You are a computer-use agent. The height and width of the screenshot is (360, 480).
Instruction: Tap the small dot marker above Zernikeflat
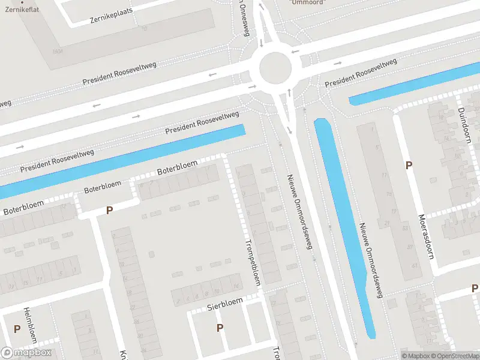pyautogui.click(x=21, y=2)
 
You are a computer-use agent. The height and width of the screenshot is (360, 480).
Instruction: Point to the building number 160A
pyautogui.click(x=58, y=52)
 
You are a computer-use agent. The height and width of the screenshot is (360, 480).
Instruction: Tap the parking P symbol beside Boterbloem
pyautogui.click(x=109, y=211)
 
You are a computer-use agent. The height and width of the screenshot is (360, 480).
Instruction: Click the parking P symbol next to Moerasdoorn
pyautogui.click(x=409, y=166)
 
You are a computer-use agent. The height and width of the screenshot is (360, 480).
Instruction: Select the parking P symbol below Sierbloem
pyautogui.click(x=220, y=328)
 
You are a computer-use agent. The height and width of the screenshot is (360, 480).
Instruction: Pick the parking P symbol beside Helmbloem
pyautogui.click(x=17, y=329)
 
